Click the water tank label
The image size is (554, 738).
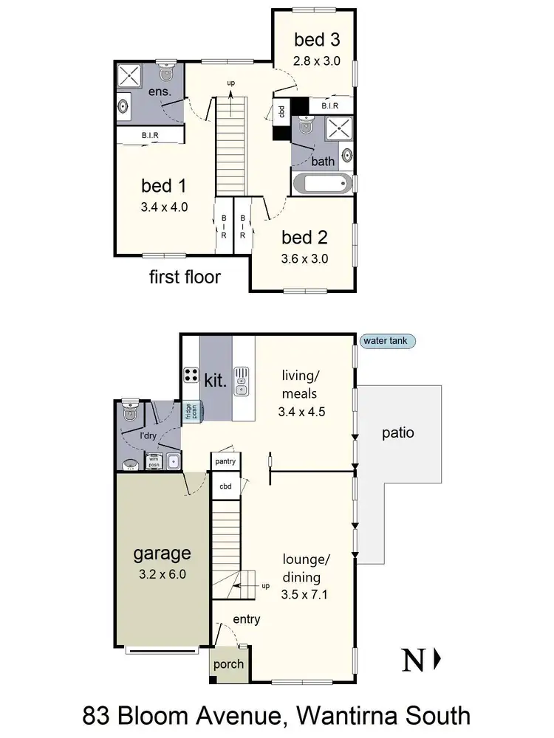point(389,341)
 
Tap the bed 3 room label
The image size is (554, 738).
point(317,39)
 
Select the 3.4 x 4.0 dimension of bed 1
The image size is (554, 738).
point(164,207)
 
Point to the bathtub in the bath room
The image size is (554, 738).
point(323,183)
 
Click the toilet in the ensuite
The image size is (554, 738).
point(166,73)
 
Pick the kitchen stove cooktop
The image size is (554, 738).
point(191,375)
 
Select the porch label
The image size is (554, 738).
point(228,663)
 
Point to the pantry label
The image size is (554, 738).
point(225,461)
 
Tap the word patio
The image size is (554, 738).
point(397,432)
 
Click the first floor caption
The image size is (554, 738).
point(185,277)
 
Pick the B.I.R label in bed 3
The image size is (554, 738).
point(329,106)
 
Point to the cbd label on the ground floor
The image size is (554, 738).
point(225,487)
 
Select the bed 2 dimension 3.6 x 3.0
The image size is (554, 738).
point(304,259)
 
